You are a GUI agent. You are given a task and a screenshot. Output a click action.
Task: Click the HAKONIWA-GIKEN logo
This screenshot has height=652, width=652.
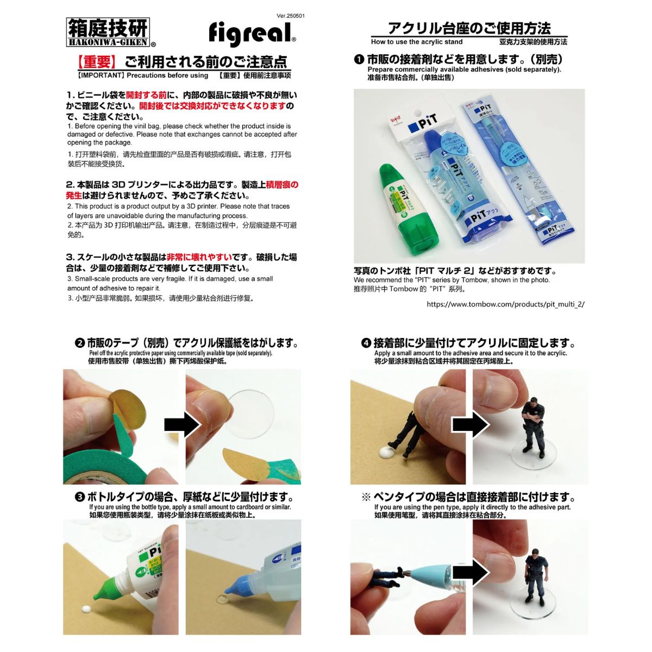point(110,33)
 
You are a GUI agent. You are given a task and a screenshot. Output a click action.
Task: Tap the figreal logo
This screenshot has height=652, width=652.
point(252,33)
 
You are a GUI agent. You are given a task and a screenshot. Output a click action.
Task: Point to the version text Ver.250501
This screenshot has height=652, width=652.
point(291,16)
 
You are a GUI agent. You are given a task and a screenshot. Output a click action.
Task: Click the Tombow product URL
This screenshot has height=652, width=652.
point(505,304)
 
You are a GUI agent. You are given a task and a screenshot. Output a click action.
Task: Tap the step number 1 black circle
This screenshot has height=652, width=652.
point(359,59)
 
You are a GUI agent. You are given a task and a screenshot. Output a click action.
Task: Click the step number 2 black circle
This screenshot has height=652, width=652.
point(80,343)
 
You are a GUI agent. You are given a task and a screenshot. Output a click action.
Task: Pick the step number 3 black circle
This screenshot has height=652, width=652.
point(80,497)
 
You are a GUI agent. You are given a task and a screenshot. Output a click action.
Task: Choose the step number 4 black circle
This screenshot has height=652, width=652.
point(366,343)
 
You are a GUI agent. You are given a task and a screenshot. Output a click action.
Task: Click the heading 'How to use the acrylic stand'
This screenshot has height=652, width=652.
point(417,42)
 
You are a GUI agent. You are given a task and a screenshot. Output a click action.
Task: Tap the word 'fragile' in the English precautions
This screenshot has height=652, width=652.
point(173,279)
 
